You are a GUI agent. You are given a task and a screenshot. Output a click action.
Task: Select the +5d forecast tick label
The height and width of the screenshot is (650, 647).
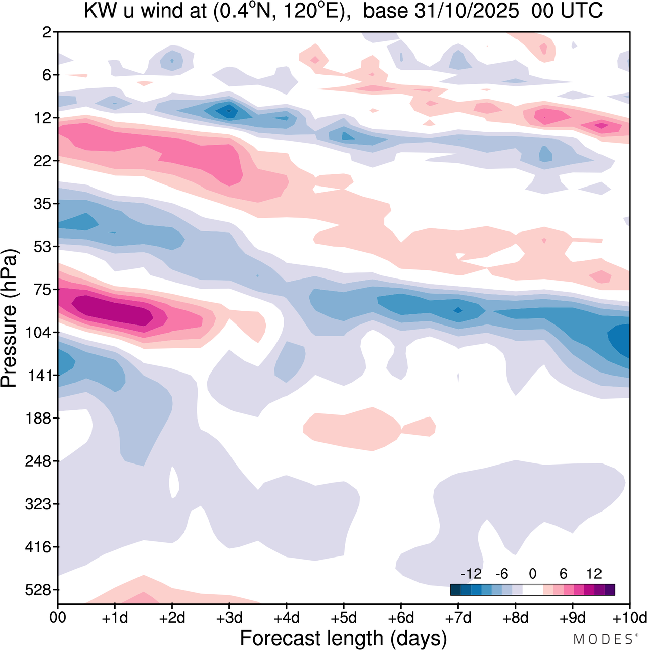pyautogui.click(x=344, y=618)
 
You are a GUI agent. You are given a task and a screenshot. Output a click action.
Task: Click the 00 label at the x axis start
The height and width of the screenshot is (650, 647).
pyautogui.click(x=58, y=618)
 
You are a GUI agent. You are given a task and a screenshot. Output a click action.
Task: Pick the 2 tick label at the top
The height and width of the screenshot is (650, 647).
pyautogui.click(x=48, y=32)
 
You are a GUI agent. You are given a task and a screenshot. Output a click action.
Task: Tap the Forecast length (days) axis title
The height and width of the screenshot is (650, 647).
pyautogui.click(x=343, y=638)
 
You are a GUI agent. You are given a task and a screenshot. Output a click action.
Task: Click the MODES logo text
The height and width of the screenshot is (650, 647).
pyautogui.click(x=603, y=639)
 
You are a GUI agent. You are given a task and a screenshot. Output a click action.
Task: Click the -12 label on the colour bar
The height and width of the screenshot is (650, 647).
pyautogui.click(x=471, y=574)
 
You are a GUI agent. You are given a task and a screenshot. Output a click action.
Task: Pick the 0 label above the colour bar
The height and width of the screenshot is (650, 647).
pyautogui.click(x=532, y=574)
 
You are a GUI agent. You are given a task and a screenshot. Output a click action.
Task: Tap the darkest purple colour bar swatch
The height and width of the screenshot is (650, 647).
pyautogui.click(x=610, y=589)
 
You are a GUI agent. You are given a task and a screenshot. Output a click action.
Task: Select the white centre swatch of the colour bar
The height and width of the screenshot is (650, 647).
pyautogui.click(x=532, y=589)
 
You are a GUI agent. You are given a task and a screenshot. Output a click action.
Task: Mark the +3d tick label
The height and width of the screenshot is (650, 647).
pyautogui.click(x=229, y=618)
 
